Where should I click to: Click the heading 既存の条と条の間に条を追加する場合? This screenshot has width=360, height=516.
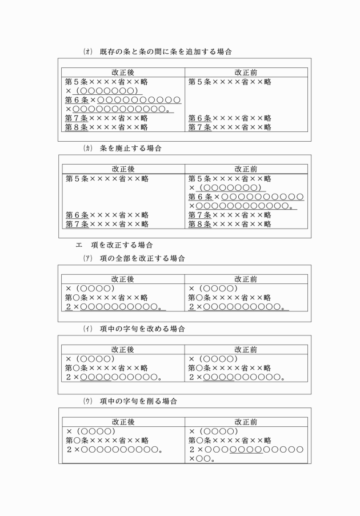click(x=166, y=51)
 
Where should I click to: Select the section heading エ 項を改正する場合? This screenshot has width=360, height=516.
click(x=114, y=245)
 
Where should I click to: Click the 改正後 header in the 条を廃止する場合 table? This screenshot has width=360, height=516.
click(x=123, y=169)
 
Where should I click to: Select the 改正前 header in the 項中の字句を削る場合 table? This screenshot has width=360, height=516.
click(x=246, y=422)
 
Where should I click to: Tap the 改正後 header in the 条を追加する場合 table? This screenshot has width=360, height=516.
click(x=123, y=73)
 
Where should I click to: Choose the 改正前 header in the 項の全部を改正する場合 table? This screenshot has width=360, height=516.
click(x=246, y=279)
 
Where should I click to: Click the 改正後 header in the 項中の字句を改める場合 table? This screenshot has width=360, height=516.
click(x=123, y=350)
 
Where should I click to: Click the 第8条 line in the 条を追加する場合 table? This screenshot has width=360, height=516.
click(x=106, y=127)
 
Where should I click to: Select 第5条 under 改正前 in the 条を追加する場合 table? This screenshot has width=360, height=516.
click(x=230, y=82)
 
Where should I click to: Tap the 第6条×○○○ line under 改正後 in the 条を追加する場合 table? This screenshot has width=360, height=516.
click(x=123, y=100)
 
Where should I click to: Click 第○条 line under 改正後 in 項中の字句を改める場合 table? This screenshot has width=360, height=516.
click(x=106, y=368)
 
